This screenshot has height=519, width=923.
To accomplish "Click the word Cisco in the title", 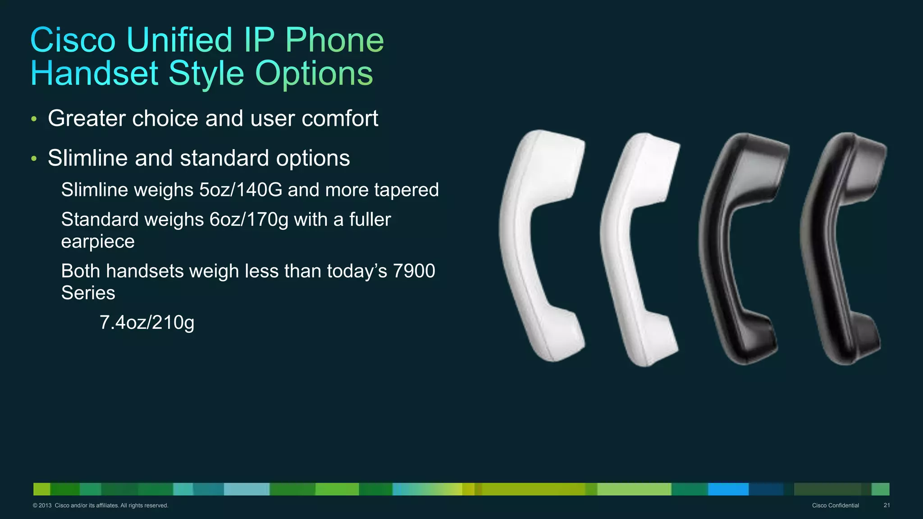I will pyautogui.click(x=73, y=40).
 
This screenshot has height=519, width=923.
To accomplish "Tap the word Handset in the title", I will pyautogui.click(x=94, y=73).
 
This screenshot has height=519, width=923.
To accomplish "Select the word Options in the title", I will pyautogui.click(x=314, y=73).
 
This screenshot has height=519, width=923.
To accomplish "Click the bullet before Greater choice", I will pyautogui.click(x=34, y=119).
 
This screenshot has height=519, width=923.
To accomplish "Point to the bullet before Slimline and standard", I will pyautogui.click(x=34, y=159).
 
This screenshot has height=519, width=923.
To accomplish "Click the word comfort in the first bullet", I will pyautogui.click(x=340, y=118).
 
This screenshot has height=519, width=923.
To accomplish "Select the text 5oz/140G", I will pyautogui.click(x=241, y=190).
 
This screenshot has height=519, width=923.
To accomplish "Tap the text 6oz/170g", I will pyautogui.click(x=249, y=219).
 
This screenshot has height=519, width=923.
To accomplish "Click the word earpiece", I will pyautogui.click(x=98, y=241).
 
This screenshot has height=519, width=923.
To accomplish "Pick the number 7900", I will pyautogui.click(x=414, y=271).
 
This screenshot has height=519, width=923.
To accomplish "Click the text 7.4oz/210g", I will pyautogui.click(x=147, y=323).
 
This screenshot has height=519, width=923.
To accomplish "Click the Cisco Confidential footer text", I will pyautogui.click(x=835, y=505).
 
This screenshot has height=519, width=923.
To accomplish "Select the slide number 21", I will pyautogui.click(x=886, y=505).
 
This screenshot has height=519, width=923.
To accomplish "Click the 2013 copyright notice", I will pyautogui.click(x=101, y=505).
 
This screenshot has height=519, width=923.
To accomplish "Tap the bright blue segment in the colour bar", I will pyautogui.click(x=728, y=489).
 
